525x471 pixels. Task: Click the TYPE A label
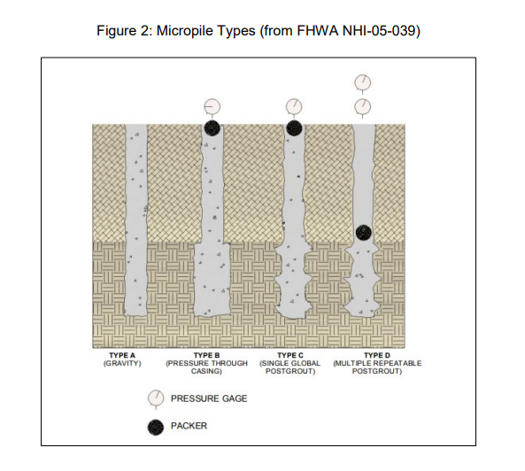[x=122, y=355]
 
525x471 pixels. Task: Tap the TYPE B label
[x=206, y=355]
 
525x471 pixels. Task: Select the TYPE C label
[x=290, y=355]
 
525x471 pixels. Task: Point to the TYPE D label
[x=377, y=355]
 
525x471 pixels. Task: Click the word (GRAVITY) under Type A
[x=122, y=363]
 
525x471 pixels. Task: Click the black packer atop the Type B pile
[x=212, y=127]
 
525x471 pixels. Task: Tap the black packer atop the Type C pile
[x=294, y=127]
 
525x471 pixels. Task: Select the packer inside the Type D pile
[x=364, y=232]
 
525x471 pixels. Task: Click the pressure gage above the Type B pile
[x=212, y=107]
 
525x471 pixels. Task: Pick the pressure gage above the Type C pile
[x=294, y=107]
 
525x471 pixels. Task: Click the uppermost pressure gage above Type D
[x=363, y=82]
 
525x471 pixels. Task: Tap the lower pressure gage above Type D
[x=363, y=107]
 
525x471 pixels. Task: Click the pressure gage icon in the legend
[x=156, y=398]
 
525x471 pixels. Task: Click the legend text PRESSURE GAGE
[x=209, y=398]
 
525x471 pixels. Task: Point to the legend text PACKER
[x=189, y=426]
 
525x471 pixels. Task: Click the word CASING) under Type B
[x=206, y=371]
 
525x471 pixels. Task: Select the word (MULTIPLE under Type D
[x=351, y=363]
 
